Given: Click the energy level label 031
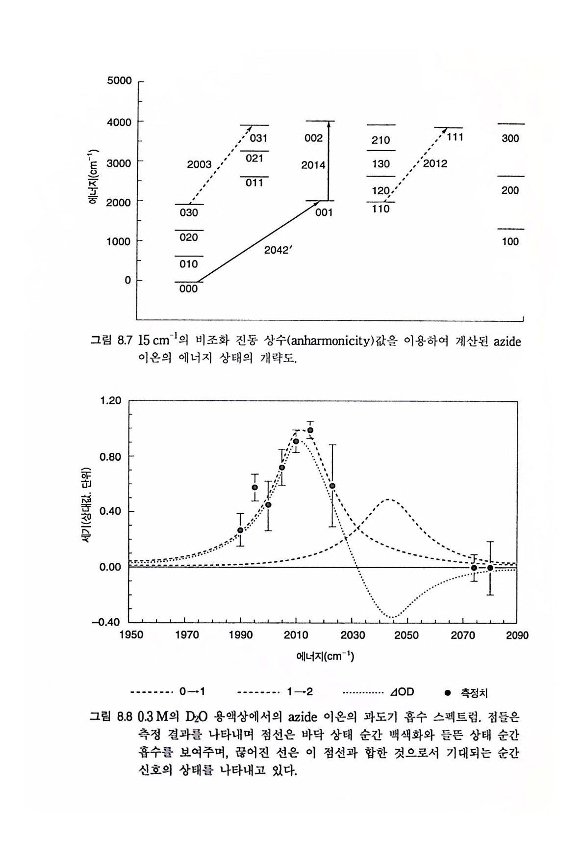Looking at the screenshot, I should click(x=259, y=139).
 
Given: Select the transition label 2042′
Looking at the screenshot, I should click(x=278, y=250).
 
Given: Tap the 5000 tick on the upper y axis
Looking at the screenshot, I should click(x=119, y=80).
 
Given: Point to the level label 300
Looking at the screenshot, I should click(x=510, y=138).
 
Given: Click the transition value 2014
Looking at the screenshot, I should click(x=313, y=165).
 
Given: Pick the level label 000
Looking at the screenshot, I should click(x=188, y=289).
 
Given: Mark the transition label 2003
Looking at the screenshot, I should click(x=199, y=164).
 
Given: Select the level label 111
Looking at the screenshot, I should click(x=455, y=137).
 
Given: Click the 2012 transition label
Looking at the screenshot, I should click(x=435, y=163).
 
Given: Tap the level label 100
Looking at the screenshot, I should click(x=510, y=241).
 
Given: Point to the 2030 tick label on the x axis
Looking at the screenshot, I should click(x=353, y=635).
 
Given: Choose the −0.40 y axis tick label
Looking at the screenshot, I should click(x=108, y=623).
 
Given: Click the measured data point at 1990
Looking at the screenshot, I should click(x=240, y=530).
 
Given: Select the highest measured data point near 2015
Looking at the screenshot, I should click(x=310, y=430).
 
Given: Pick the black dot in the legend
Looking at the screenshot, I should click(x=447, y=692).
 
